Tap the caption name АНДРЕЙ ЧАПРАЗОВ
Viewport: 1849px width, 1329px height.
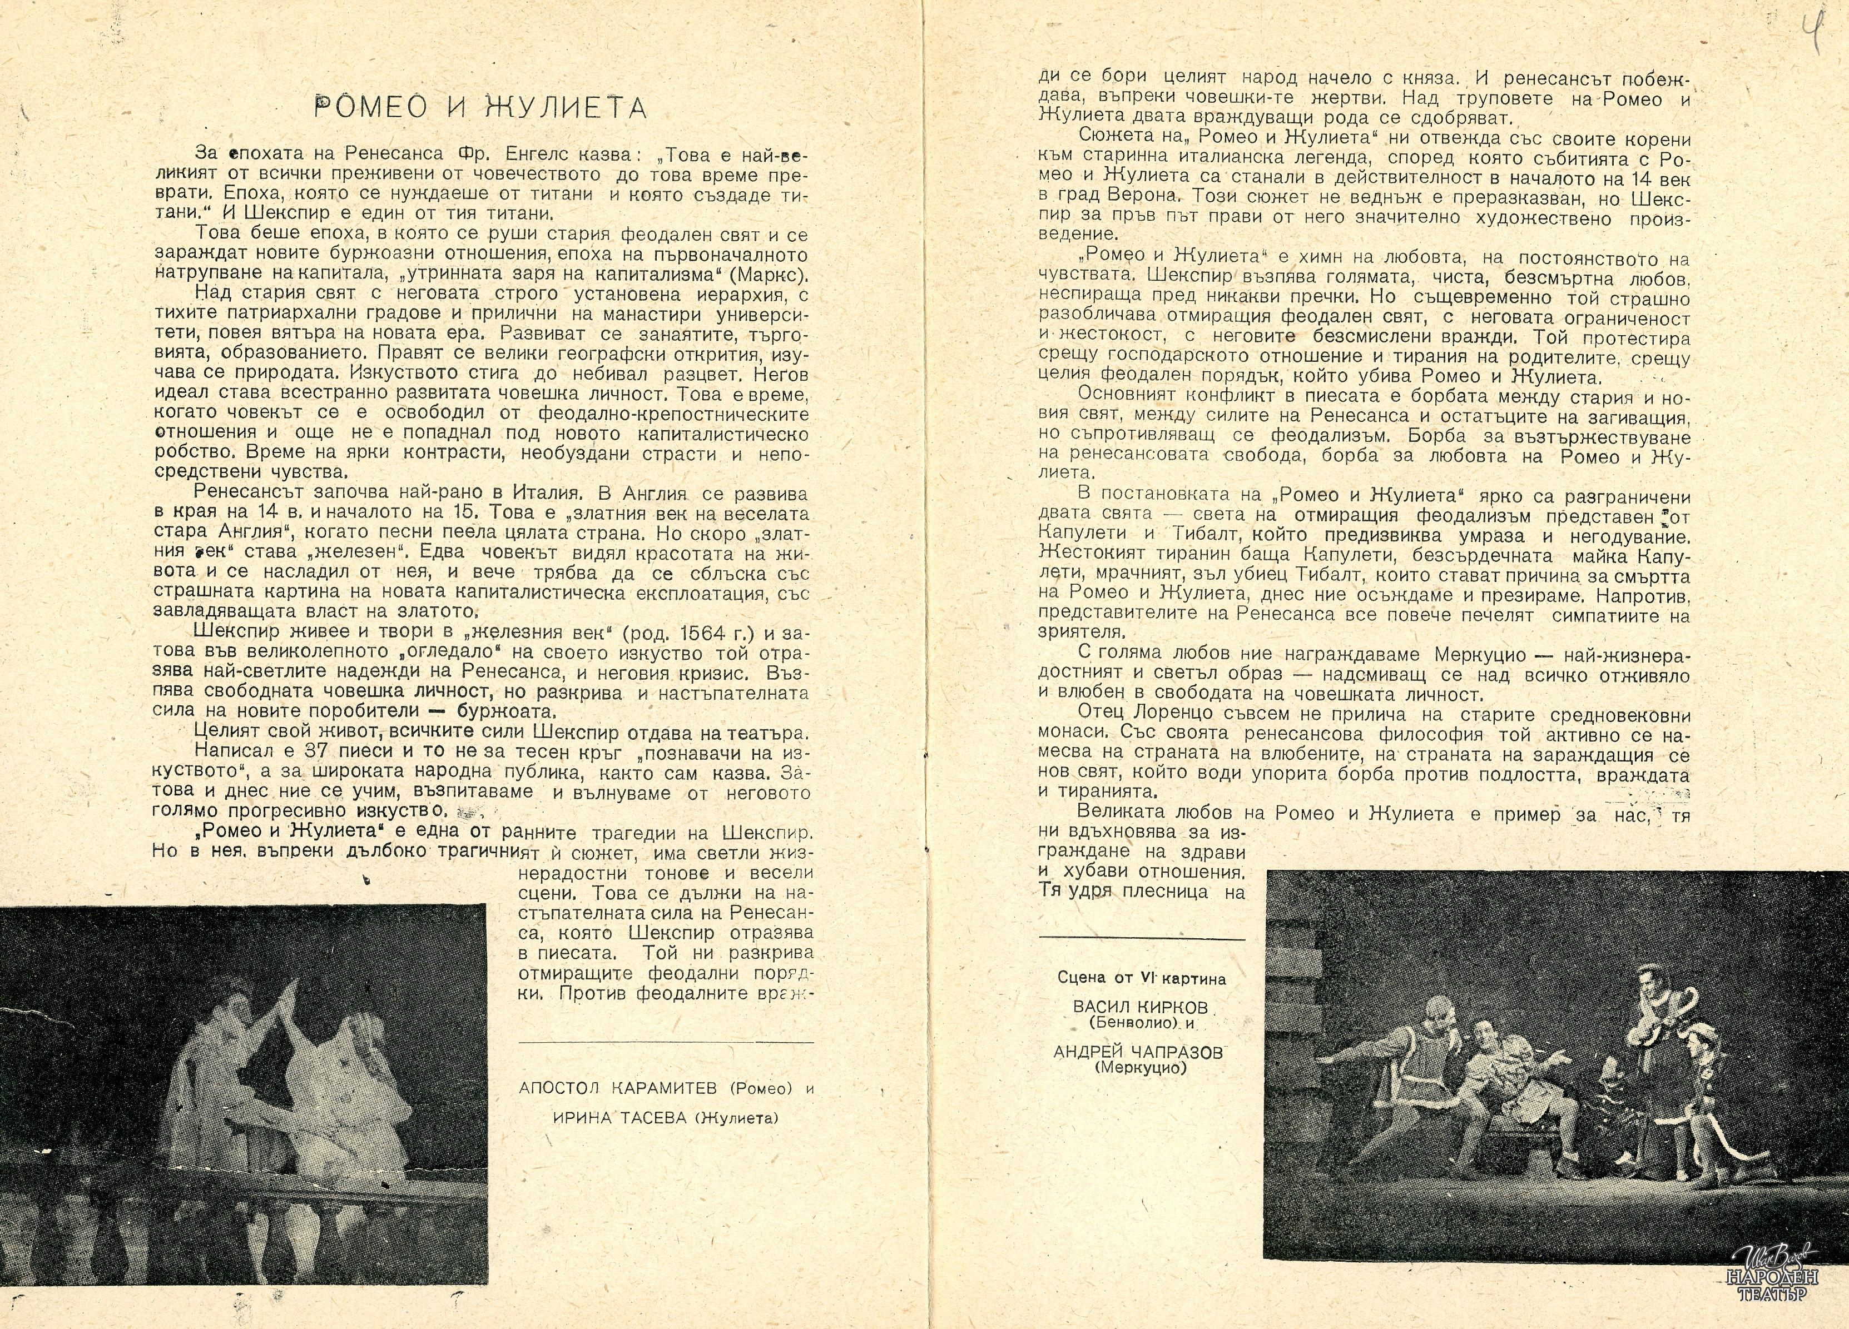1138,1053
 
